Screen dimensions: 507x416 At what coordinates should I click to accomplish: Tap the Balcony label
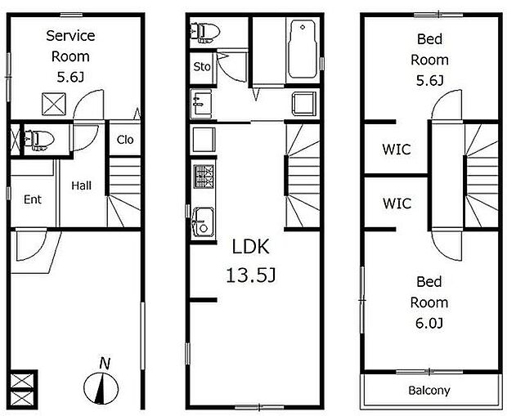click(x=429, y=391)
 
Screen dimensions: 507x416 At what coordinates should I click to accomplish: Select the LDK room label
click(x=250, y=247)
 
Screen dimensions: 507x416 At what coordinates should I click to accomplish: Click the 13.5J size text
click(x=251, y=275)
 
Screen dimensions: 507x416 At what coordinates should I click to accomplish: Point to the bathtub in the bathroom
click(x=302, y=49)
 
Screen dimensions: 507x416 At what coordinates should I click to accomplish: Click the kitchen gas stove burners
click(x=204, y=177)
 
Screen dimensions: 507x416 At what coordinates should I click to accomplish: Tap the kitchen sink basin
click(x=203, y=223)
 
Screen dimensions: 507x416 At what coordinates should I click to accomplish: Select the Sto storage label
click(x=202, y=67)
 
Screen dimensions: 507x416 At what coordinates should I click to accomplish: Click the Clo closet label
click(x=125, y=140)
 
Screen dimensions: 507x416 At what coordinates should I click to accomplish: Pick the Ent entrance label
click(x=33, y=199)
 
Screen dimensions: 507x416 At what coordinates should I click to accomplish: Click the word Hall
click(x=82, y=186)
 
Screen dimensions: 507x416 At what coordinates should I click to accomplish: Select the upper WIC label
click(x=397, y=150)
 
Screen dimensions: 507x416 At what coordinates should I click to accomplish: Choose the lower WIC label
click(x=397, y=204)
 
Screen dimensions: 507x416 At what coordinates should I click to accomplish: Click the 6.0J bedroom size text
click(x=429, y=323)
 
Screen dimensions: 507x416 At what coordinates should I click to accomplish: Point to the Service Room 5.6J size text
click(x=70, y=78)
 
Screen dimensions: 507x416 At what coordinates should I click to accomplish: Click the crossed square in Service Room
click(x=54, y=104)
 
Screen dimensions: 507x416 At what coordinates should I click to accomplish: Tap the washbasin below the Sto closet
click(x=201, y=104)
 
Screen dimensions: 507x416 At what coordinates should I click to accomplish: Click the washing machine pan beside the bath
click(x=304, y=104)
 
